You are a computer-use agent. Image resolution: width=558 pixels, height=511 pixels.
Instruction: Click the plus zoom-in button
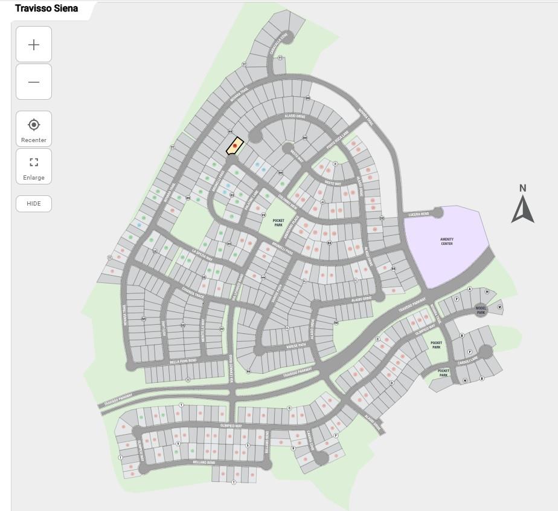pyautogui.click(x=34, y=45)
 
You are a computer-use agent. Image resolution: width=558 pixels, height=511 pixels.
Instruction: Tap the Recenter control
pyautogui.click(x=34, y=130)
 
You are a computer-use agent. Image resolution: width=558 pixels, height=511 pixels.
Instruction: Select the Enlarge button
pyautogui.click(x=34, y=167)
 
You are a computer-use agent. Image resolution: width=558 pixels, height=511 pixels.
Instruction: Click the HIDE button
pyautogui.click(x=34, y=203)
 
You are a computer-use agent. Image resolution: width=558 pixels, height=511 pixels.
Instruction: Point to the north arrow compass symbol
pyautogui.click(x=523, y=204)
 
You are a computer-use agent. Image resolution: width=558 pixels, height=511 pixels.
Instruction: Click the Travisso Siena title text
pyautogui.click(x=46, y=8)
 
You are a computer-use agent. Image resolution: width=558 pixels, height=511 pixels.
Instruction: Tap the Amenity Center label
pyautogui.click(x=447, y=241)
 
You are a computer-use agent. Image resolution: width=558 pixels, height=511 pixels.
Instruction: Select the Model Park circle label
pyautogui.click(x=481, y=309)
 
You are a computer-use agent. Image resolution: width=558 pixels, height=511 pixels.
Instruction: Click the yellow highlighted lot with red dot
pyautogui.click(x=235, y=146)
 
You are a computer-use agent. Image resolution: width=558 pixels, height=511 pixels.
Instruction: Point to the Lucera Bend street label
pyautogui.click(x=418, y=215)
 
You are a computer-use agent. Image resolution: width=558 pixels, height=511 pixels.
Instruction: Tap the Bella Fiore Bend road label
pyautogui.click(x=183, y=360)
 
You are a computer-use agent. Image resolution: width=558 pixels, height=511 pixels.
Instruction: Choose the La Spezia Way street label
pyautogui.click(x=202, y=255)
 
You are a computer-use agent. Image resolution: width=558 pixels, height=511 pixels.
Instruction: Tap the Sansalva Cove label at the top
pyautogui.click(x=282, y=44)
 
